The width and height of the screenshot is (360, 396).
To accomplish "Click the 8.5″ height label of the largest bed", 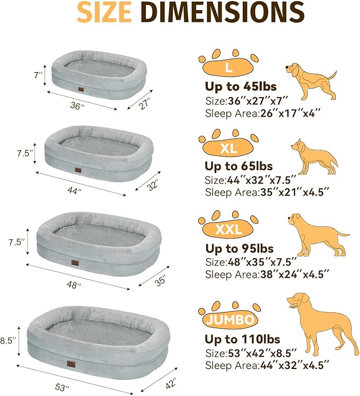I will [x=9, y=338].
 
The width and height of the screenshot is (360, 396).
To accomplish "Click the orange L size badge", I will [x=228, y=67].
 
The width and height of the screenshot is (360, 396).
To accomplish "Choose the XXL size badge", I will [x=229, y=229].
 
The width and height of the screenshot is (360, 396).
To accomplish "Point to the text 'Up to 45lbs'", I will [x=241, y=87].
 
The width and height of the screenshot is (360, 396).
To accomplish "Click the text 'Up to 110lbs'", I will [x=243, y=339].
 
